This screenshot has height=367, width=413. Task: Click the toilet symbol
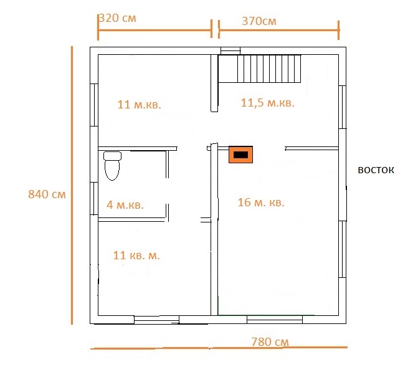point(113,166)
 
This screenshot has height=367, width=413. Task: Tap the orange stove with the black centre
point(240,155)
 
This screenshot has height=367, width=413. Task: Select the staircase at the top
point(269,69)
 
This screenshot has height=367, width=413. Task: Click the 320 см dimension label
point(118,18)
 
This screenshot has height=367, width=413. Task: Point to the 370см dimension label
point(259,21)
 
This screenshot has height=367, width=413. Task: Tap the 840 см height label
point(47,194)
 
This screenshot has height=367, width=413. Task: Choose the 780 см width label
point(270,342)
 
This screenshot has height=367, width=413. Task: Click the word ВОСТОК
point(376,170)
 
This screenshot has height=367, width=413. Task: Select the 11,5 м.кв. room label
point(268,103)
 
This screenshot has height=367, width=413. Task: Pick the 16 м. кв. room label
point(261,203)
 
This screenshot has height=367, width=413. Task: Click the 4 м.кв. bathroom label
point(125,205)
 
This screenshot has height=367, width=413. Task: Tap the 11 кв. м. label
point(136,255)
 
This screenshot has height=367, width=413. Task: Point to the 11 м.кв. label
point(139,105)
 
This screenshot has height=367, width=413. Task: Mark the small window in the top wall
point(230,51)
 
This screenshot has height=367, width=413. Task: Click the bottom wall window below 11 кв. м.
point(156,320)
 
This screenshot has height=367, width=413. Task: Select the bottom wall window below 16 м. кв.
point(275,320)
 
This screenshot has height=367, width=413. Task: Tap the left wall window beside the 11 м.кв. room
point(94,105)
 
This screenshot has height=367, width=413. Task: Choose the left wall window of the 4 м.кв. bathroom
point(94,199)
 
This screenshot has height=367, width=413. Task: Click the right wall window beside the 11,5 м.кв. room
point(342,107)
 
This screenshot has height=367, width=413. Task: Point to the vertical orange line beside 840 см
point(72,185)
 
